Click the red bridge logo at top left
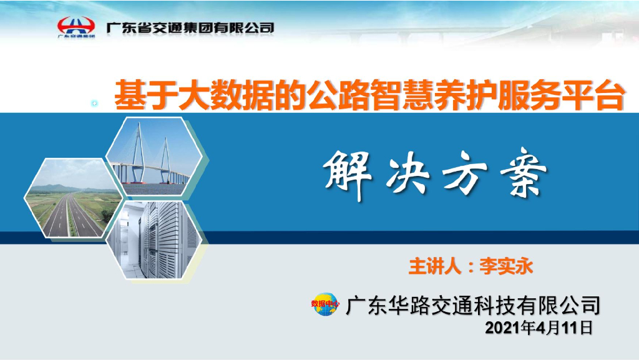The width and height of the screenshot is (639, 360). pyautogui.click(x=76, y=27)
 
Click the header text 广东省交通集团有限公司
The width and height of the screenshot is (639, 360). pyautogui.click(x=190, y=27)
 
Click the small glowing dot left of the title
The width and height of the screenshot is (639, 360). pyautogui.click(x=95, y=103)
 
